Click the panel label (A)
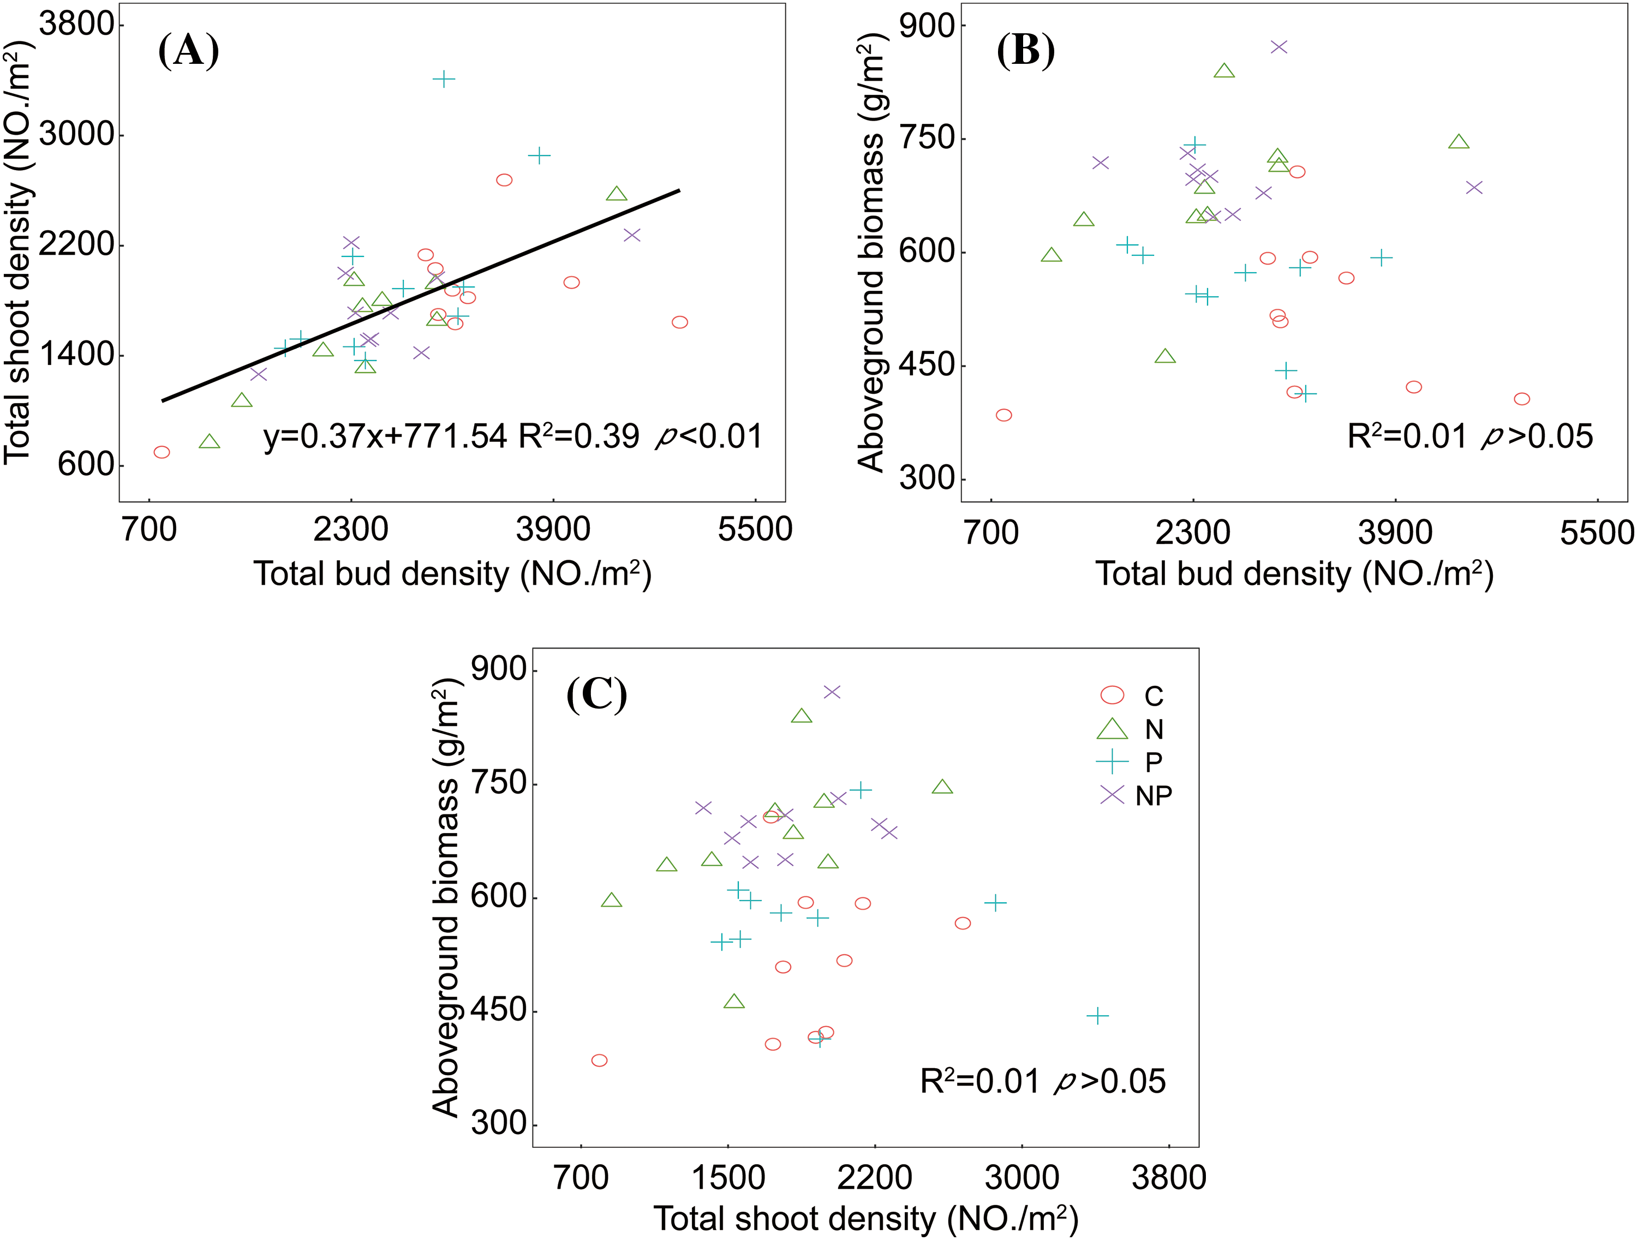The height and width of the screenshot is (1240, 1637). click(189, 51)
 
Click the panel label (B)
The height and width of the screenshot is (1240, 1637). click(1026, 51)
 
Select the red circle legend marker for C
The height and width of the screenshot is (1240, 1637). click(1112, 694)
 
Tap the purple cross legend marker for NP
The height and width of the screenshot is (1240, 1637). click(1112, 795)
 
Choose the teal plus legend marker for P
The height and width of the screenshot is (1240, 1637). click(1112, 762)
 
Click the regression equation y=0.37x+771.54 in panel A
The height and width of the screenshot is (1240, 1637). click(385, 436)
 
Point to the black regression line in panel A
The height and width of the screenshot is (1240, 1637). click(420, 296)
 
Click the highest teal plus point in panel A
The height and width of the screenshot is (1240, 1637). click(443, 79)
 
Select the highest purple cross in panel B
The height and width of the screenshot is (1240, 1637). click(1279, 46)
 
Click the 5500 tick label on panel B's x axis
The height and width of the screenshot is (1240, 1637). click(1596, 532)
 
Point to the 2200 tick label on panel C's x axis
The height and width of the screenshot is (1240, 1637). click(875, 1178)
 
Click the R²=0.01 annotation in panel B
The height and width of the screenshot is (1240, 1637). click(1407, 436)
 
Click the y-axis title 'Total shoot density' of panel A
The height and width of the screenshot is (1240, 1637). click(18, 251)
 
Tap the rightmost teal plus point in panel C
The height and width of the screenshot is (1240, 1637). click(1097, 1015)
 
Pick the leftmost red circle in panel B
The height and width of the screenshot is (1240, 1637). click(1003, 415)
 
